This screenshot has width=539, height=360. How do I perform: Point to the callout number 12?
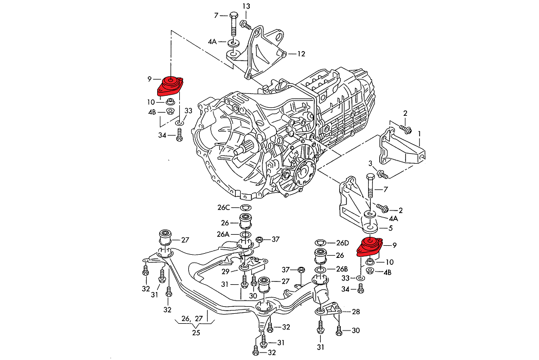point(301,54)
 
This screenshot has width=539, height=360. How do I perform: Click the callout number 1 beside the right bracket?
point(419,134)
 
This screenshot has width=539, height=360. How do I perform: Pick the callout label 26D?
point(342,243)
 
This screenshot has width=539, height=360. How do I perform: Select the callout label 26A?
point(223,234)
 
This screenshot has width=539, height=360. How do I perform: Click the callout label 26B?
point(342,269)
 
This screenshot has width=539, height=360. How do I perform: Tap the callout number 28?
point(355,312)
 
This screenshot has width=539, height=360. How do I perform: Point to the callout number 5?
point(390,228)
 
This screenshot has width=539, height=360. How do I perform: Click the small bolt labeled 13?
point(245,24)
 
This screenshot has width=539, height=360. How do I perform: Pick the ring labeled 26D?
point(319,243)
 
